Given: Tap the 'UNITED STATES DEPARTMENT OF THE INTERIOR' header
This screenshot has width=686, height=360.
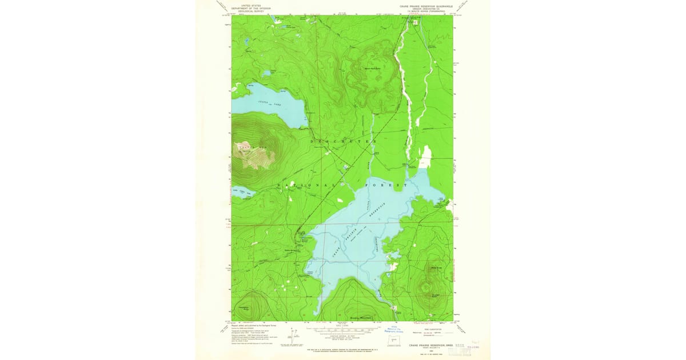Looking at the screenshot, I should pyautogui.click(x=247, y=7).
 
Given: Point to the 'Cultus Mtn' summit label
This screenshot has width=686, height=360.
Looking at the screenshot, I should pyautogui.click(x=252, y=149).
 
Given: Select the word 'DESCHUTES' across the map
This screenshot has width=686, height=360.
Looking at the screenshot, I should pyautogui.click(x=342, y=141).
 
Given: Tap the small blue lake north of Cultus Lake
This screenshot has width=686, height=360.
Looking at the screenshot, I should pyautogui.click(x=267, y=74).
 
